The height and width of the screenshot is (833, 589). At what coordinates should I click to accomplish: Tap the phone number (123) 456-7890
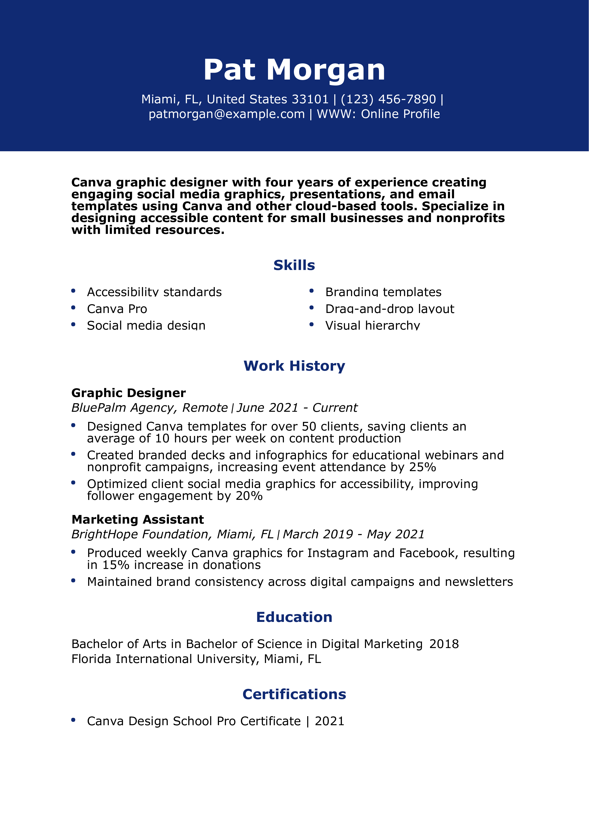388,99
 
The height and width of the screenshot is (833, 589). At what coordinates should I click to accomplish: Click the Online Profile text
400,114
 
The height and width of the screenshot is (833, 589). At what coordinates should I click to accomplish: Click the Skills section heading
294,265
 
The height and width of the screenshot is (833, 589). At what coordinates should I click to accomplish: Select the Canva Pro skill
117,309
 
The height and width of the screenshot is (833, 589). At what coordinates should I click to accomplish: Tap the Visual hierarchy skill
372,326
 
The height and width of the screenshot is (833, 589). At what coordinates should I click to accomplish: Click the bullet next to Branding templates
311,291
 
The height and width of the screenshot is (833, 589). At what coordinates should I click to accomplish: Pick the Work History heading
294,366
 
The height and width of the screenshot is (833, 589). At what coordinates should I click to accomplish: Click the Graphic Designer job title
129,393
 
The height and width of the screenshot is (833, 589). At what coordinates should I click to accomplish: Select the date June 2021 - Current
297,408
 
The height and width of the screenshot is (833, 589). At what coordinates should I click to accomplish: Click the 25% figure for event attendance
422,467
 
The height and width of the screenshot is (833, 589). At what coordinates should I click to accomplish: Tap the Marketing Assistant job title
138,520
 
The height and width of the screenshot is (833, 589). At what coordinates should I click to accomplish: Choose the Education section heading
294,617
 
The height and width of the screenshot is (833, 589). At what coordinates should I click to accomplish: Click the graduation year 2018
444,644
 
